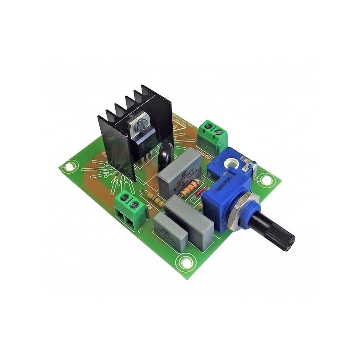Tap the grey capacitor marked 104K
[180, 173]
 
